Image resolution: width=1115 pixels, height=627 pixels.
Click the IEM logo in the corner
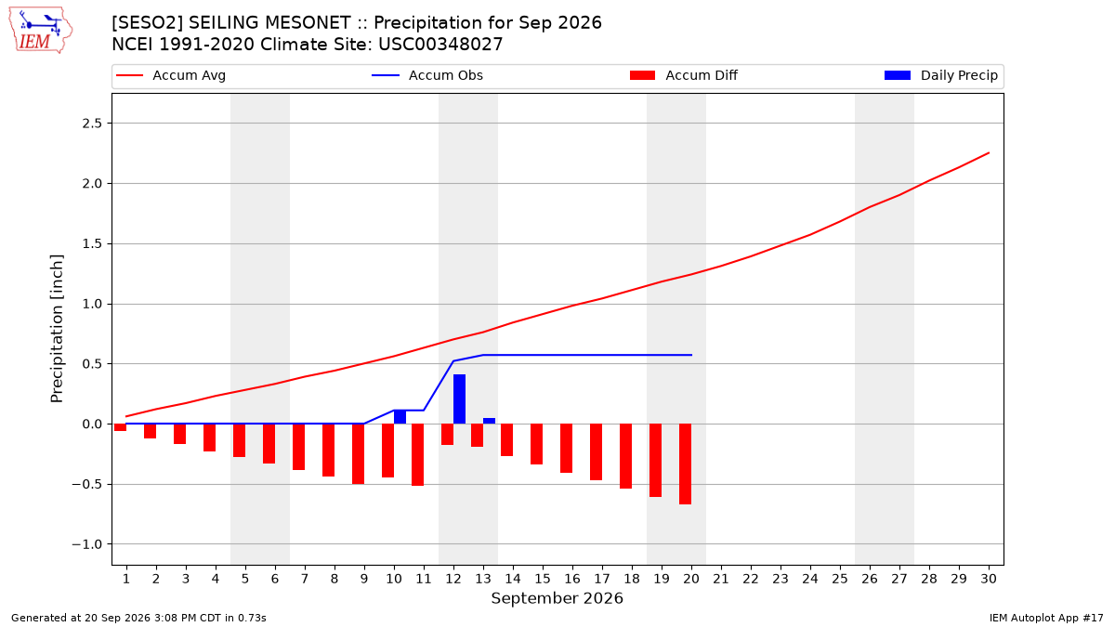[x=41, y=31]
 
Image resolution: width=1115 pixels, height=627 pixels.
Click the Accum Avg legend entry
[x=171, y=75]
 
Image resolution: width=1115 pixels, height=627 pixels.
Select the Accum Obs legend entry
[x=427, y=75]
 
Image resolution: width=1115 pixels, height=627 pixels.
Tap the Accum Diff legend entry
[x=684, y=75]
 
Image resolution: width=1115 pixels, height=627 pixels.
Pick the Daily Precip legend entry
[x=940, y=75]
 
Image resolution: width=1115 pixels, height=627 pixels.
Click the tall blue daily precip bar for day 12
[x=459, y=399]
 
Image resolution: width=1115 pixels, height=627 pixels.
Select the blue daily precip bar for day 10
[x=400, y=417]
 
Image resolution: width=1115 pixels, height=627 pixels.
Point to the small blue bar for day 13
[x=490, y=421]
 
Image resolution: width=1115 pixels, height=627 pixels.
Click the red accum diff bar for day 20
[x=686, y=464]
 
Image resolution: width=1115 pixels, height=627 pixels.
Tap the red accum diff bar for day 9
[x=359, y=454]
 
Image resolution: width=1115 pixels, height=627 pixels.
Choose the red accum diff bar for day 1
[x=121, y=427]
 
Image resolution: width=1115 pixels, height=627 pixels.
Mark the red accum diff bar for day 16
[x=567, y=449]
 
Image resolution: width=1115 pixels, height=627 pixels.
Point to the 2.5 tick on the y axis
[x=92, y=124]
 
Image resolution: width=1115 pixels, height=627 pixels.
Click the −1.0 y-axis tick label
[x=87, y=544]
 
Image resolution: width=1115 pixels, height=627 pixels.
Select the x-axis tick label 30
[x=989, y=579]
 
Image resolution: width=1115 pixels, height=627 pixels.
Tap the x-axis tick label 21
[x=721, y=579]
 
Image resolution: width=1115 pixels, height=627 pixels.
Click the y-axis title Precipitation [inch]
[x=57, y=329]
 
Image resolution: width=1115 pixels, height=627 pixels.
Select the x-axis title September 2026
[x=557, y=598]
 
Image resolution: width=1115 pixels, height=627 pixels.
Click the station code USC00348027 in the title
[x=440, y=45]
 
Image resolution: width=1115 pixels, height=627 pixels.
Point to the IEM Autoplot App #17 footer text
[x=1046, y=618]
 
